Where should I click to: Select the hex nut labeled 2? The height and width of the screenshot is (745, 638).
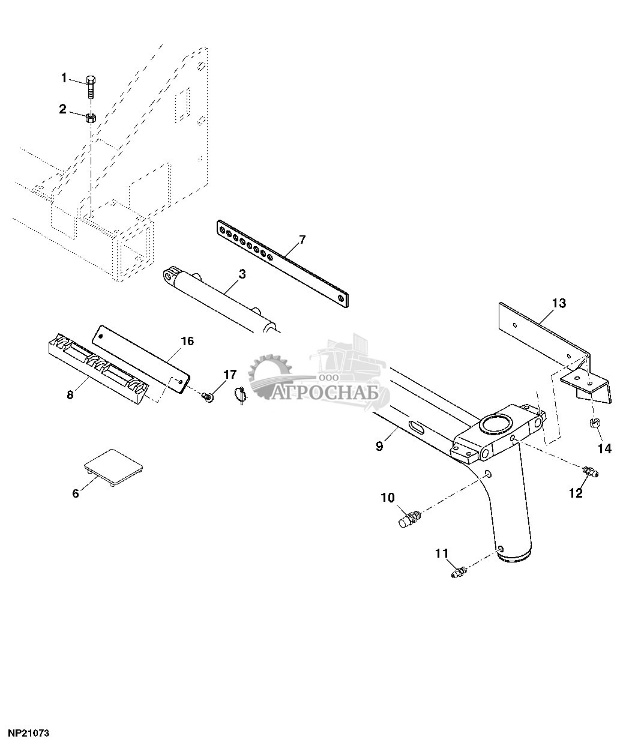(x=91, y=118)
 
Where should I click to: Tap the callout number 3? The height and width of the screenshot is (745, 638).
(x=242, y=274)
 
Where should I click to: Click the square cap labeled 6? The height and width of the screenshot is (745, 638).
(x=114, y=467)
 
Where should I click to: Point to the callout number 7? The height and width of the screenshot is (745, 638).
(x=302, y=240)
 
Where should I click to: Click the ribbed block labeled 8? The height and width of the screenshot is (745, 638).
(x=98, y=373)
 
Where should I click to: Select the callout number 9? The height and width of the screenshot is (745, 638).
(x=379, y=447)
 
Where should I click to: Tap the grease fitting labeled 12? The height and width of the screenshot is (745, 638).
(x=590, y=471)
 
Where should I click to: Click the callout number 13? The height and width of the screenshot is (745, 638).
(x=559, y=303)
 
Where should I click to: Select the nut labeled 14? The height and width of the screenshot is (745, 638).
(x=594, y=424)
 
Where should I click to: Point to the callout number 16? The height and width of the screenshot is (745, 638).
(x=187, y=341)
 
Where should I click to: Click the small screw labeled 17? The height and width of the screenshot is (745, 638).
(x=208, y=397)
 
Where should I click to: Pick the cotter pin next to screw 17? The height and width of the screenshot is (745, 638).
(x=241, y=395)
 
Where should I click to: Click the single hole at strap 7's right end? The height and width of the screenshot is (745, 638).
(x=341, y=298)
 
